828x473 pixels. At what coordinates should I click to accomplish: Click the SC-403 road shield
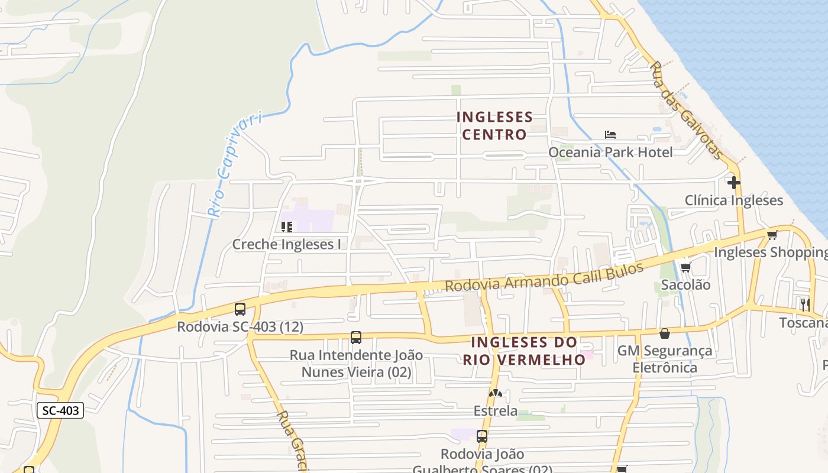point(60,410)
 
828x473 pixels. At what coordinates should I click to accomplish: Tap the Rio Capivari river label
point(234,165)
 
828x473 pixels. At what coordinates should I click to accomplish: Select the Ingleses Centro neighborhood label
point(494,126)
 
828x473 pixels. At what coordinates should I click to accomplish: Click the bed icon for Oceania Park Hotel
point(610,135)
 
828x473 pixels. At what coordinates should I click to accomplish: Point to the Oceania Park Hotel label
point(610,153)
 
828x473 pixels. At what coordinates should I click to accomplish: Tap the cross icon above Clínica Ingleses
point(734,183)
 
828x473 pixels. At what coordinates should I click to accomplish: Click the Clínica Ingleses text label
point(734,200)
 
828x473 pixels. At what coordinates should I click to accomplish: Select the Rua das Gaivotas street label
point(686,110)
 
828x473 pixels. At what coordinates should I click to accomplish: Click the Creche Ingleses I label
point(287,244)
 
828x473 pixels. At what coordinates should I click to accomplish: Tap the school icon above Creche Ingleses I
point(287,226)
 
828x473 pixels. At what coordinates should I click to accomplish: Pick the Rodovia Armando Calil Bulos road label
point(544,277)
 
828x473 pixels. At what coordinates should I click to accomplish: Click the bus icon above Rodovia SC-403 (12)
point(240,309)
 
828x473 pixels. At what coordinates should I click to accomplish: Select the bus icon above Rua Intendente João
point(356,338)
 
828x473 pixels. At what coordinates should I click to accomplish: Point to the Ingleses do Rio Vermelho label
point(524,351)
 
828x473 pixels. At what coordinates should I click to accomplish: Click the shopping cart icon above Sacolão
point(685,268)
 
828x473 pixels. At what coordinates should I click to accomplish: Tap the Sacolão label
point(685,285)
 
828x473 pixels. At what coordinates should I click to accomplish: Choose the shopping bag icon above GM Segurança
point(665,333)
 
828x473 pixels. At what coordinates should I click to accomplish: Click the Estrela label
point(496,410)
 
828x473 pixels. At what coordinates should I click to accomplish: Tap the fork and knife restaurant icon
point(805,305)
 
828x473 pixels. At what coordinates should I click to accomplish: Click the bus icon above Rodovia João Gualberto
point(482,437)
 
